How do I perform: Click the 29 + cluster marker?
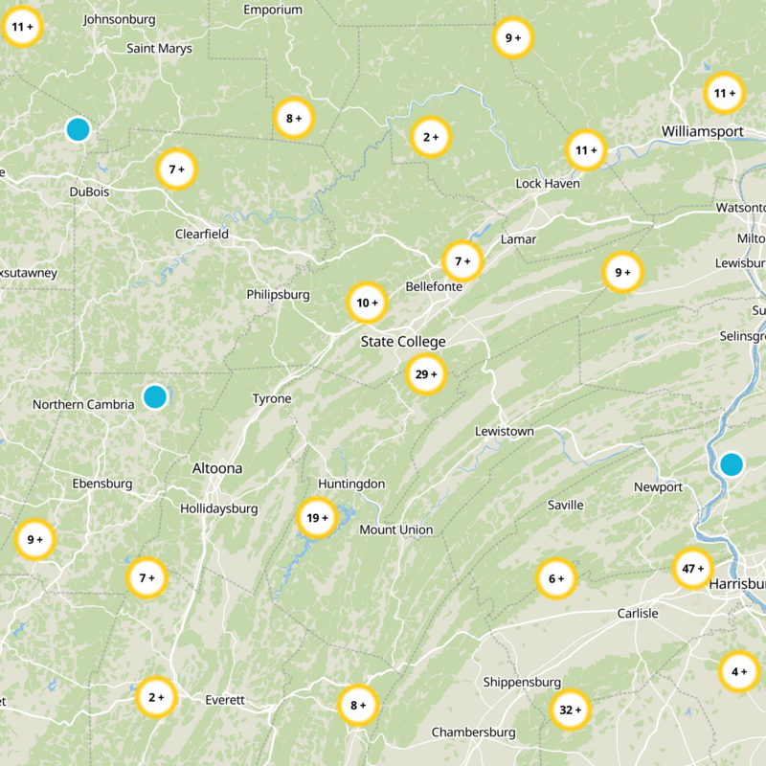(x=424, y=374)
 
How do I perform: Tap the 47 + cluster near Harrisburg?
(x=692, y=569)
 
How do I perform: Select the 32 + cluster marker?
(x=572, y=710)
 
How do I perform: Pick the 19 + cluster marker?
(x=317, y=518)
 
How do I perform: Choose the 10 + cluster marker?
(x=367, y=304)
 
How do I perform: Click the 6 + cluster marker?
(x=556, y=578)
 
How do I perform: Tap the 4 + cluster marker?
(x=739, y=671)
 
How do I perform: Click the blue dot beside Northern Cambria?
(x=154, y=396)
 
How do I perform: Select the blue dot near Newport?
(x=732, y=464)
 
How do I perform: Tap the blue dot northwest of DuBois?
(x=79, y=129)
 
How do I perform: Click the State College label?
(x=403, y=342)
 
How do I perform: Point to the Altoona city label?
(x=217, y=468)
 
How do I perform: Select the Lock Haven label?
(x=548, y=183)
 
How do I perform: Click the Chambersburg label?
(x=473, y=732)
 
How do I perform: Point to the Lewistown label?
(x=505, y=432)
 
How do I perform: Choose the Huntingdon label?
(x=351, y=484)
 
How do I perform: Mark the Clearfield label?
(x=202, y=234)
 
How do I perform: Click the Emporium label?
(x=273, y=10)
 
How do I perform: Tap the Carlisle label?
(x=638, y=613)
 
